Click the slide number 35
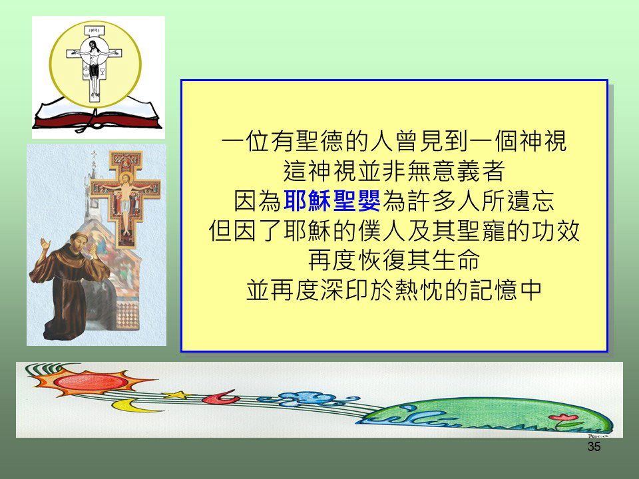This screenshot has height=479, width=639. click(x=594, y=446)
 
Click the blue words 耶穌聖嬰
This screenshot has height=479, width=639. click(x=331, y=201)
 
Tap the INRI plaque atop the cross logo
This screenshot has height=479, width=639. click(x=94, y=31)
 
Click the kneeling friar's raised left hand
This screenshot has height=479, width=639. click(x=45, y=244)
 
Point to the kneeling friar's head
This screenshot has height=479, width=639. click(x=80, y=241)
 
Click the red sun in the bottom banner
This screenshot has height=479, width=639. click(x=91, y=382)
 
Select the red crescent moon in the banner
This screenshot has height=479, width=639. click(x=221, y=397)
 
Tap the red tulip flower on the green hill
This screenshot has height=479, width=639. click(x=563, y=417)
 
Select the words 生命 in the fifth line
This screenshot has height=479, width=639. click(x=456, y=260)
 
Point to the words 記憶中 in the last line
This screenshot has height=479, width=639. click(x=505, y=290)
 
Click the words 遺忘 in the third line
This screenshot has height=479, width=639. click(x=531, y=201)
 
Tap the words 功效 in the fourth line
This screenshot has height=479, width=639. click(x=555, y=231)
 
